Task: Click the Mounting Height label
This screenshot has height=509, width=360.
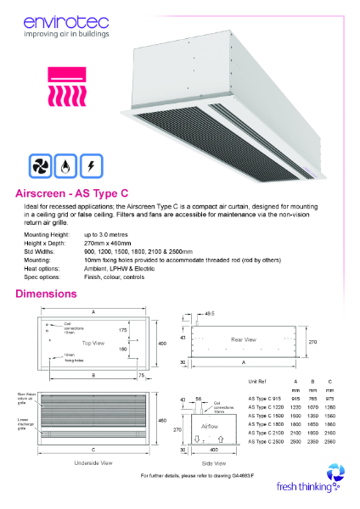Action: (x=47, y=233)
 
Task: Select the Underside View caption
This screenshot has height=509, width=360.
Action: (x=93, y=464)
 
